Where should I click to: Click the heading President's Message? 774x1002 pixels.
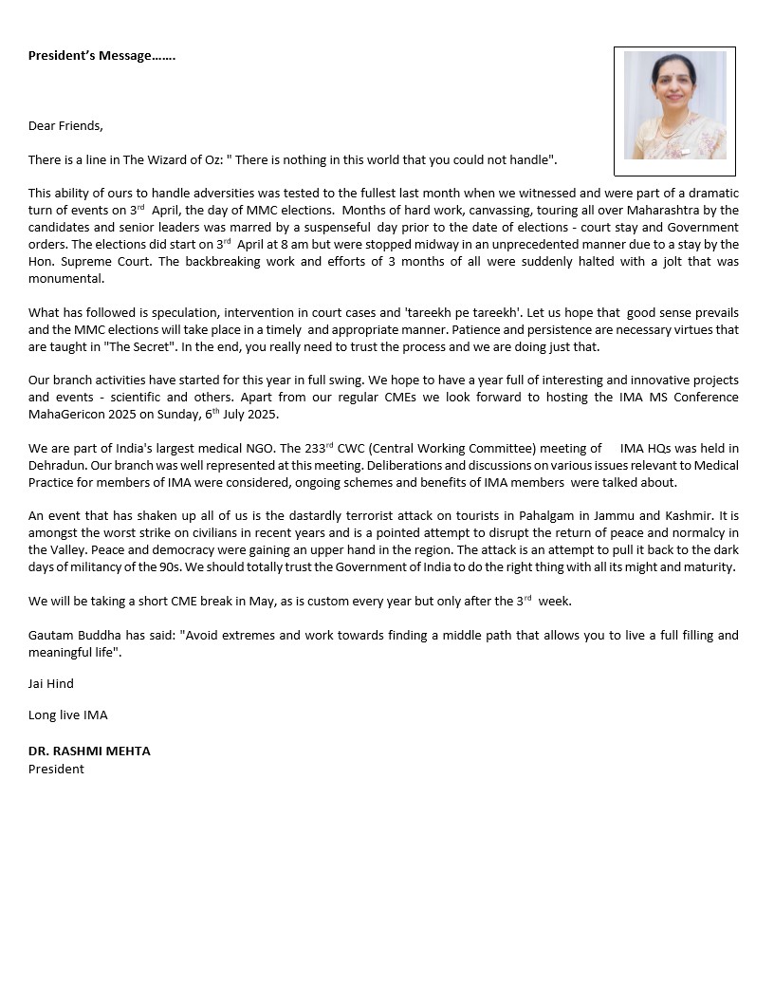pos(101,55)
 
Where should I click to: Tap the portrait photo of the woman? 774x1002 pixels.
pos(674,105)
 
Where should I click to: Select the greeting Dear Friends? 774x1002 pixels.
pos(65,125)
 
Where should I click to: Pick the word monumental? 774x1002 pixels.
pos(65,279)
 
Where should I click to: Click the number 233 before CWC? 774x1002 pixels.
pos(319,449)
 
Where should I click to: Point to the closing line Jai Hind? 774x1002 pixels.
pos(50,683)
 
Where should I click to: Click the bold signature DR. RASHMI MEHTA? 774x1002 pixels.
pos(89,751)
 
